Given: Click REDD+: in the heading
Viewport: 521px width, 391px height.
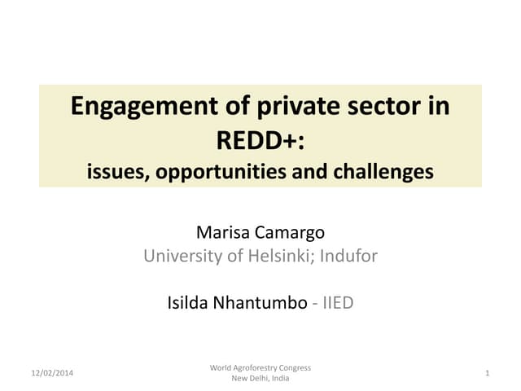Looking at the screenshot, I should [x=260, y=140].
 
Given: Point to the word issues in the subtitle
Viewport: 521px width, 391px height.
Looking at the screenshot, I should [x=112, y=172].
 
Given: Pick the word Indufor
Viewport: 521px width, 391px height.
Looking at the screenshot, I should [x=348, y=256].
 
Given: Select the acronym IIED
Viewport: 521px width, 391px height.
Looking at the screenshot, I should [x=339, y=303].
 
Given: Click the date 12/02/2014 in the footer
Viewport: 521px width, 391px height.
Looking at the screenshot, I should [x=52, y=373].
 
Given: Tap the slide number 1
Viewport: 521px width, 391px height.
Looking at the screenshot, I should [x=486, y=373].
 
